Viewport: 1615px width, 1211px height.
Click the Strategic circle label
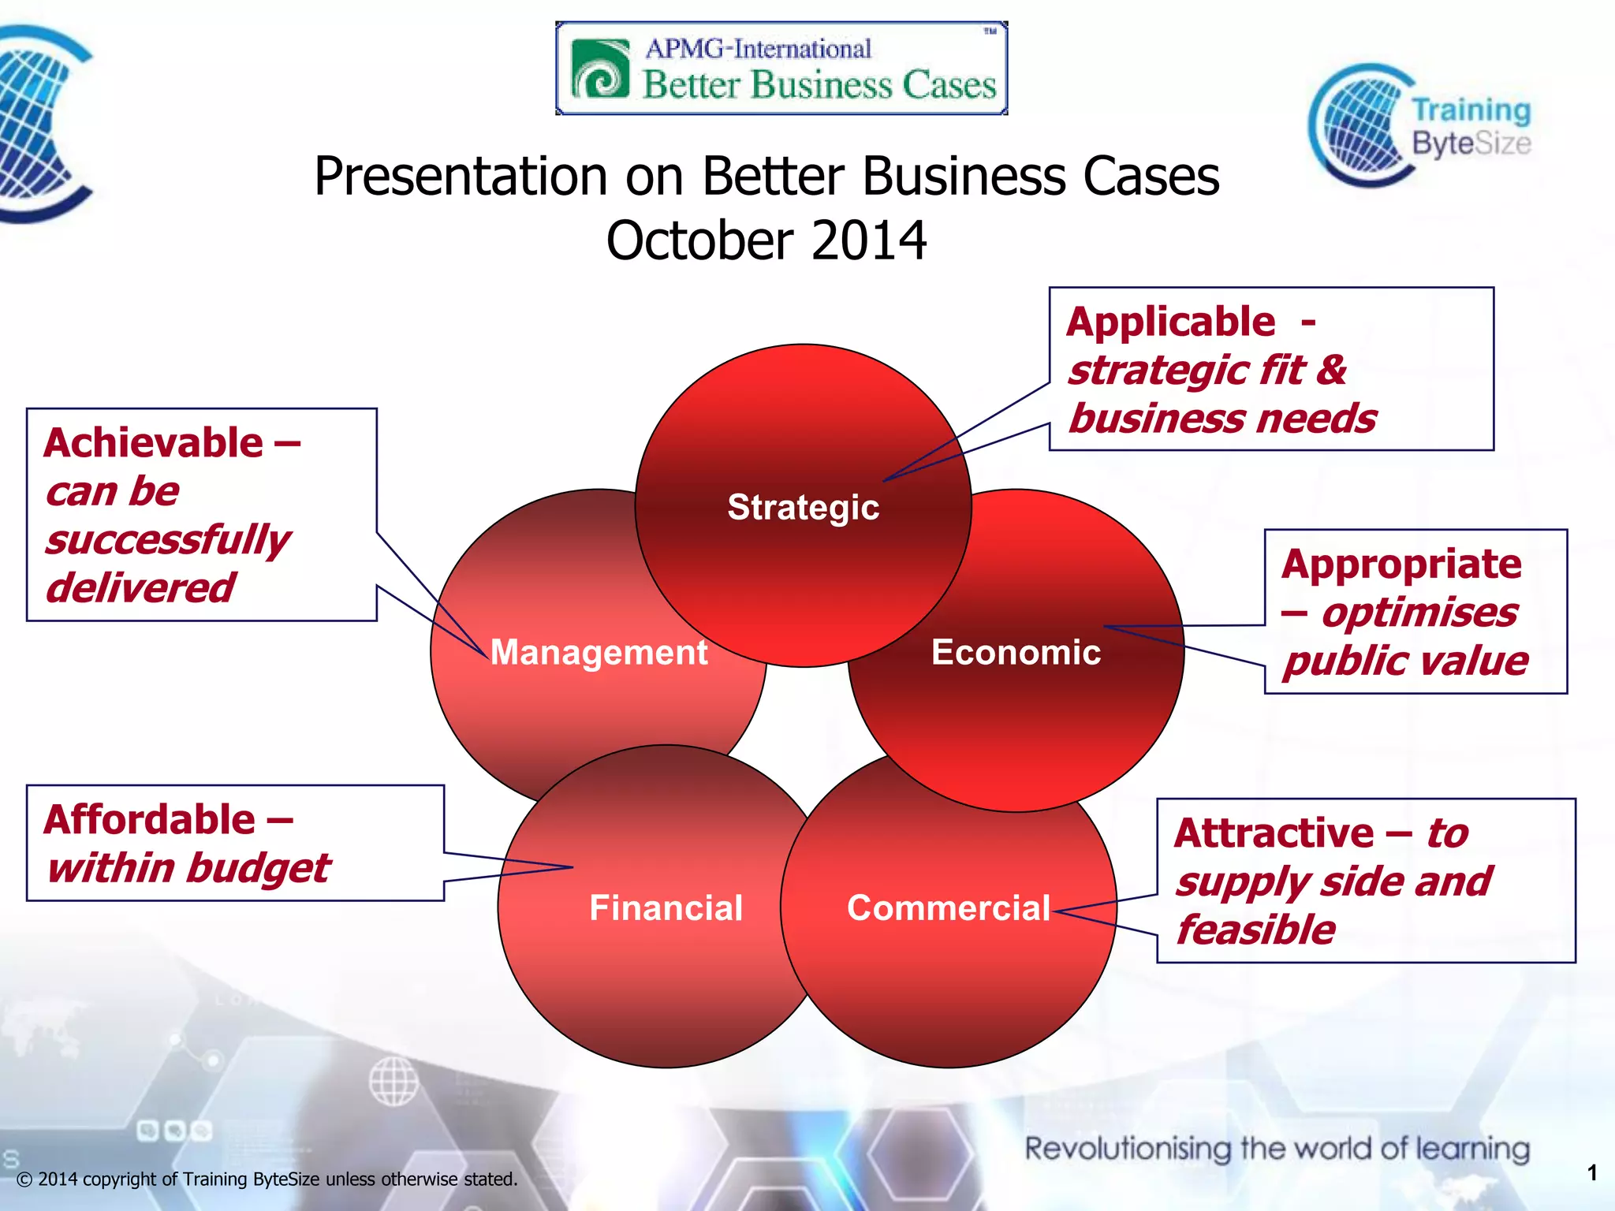coord(803,507)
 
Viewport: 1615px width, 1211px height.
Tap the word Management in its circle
coord(599,653)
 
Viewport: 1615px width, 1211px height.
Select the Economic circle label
coord(1016,653)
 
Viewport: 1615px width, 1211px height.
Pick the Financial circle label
coord(666,908)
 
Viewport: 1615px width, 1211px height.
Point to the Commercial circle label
coord(948,908)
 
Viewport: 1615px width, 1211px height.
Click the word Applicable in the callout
coord(1170,322)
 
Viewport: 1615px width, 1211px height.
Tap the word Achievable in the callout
coord(154,443)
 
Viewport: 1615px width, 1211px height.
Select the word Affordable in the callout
coord(150,820)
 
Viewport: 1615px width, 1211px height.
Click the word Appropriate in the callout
coord(1401,565)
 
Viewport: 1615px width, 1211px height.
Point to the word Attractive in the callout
coord(1274,833)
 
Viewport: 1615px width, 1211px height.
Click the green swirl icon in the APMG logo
coord(601,69)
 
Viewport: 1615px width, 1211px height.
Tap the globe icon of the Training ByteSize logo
coord(1358,126)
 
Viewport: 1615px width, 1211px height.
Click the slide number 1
coord(1592,1173)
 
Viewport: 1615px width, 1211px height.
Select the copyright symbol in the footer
coord(24,1180)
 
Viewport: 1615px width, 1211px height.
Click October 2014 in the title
coord(766,240)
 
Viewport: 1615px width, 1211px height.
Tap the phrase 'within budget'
coord(188,869)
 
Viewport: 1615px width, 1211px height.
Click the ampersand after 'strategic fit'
coord(1331,370)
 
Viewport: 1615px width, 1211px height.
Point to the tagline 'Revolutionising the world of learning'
coord(1277,1149)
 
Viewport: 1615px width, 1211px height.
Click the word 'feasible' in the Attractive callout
coord(1256,930)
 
